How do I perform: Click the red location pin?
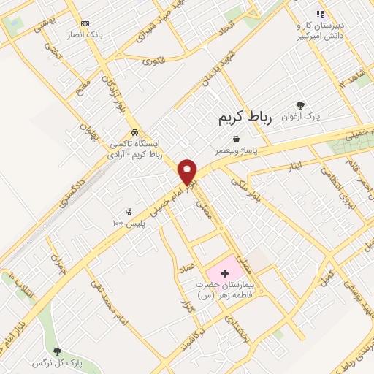tap(188, 171)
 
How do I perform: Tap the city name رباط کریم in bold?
tap(245, 119)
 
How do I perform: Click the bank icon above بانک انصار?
tap(85, 23)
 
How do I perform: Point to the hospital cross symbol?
tap(224, 272)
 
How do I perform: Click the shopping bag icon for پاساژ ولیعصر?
tap(236, 138)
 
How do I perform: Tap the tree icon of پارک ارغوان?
tap(300, 105)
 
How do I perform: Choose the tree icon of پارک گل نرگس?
tap(58, 351)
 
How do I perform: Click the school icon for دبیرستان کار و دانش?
tap(319, 14)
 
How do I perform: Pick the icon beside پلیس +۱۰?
tap(129, 212)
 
